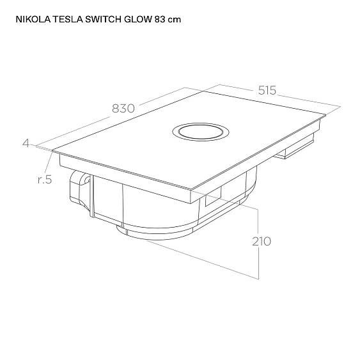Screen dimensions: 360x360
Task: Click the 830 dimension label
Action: [124, 109]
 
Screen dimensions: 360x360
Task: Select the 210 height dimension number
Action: [261, 241]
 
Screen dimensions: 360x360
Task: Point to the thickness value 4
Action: [26, 143]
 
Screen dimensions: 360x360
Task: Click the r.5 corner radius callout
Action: [43, 179]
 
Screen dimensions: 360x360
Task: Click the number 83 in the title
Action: [160, 20]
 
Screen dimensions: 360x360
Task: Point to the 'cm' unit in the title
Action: [175, 20]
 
